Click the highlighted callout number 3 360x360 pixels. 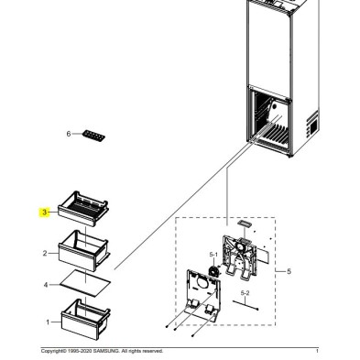[x=45, y=212]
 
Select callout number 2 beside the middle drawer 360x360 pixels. [x=45, y=253]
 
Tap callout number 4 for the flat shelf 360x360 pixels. [x=46, y=285]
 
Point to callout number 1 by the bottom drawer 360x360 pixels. [x=48, y=322]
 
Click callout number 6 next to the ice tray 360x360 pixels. [x=69, y=134]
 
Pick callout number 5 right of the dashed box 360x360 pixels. [x=289, y=271]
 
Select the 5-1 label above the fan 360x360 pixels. [x=213, y=255]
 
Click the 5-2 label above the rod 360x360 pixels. [x=245, y=293]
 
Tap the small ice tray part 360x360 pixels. [x=93, y=136]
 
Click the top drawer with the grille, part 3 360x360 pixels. [x=83, y=209]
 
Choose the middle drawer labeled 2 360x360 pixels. [x=83, y=250]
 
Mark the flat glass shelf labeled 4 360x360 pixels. [x=85, y=283]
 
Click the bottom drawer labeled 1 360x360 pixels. [x=86, y=319]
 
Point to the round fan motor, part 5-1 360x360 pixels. [x=213, y=271]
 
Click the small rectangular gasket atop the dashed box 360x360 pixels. [x=245, y=224]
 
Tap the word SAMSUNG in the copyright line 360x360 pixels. [x=106, y=351]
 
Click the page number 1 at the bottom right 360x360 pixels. [x=317, y=351]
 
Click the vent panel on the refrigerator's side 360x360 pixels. [x=311, y=125]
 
